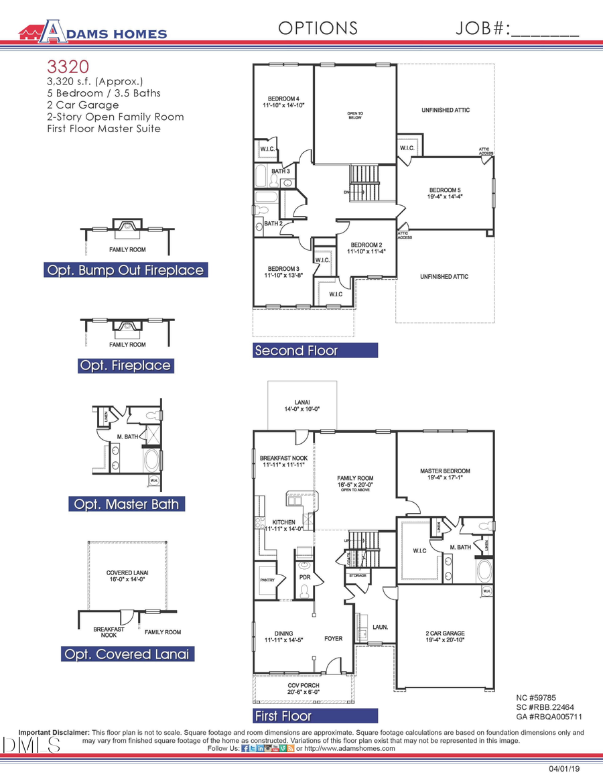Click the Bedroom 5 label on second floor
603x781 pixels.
point(445,193)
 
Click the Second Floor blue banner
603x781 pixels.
point(315,351)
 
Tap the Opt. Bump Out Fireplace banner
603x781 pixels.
point(125,270)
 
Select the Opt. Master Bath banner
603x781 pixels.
point(127,504)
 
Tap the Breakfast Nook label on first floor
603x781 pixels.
point(283,461)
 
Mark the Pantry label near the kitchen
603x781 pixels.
point(267,581)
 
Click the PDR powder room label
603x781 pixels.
point(305,577)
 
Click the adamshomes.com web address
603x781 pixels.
point(350,748)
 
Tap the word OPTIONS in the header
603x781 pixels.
point(318,28)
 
